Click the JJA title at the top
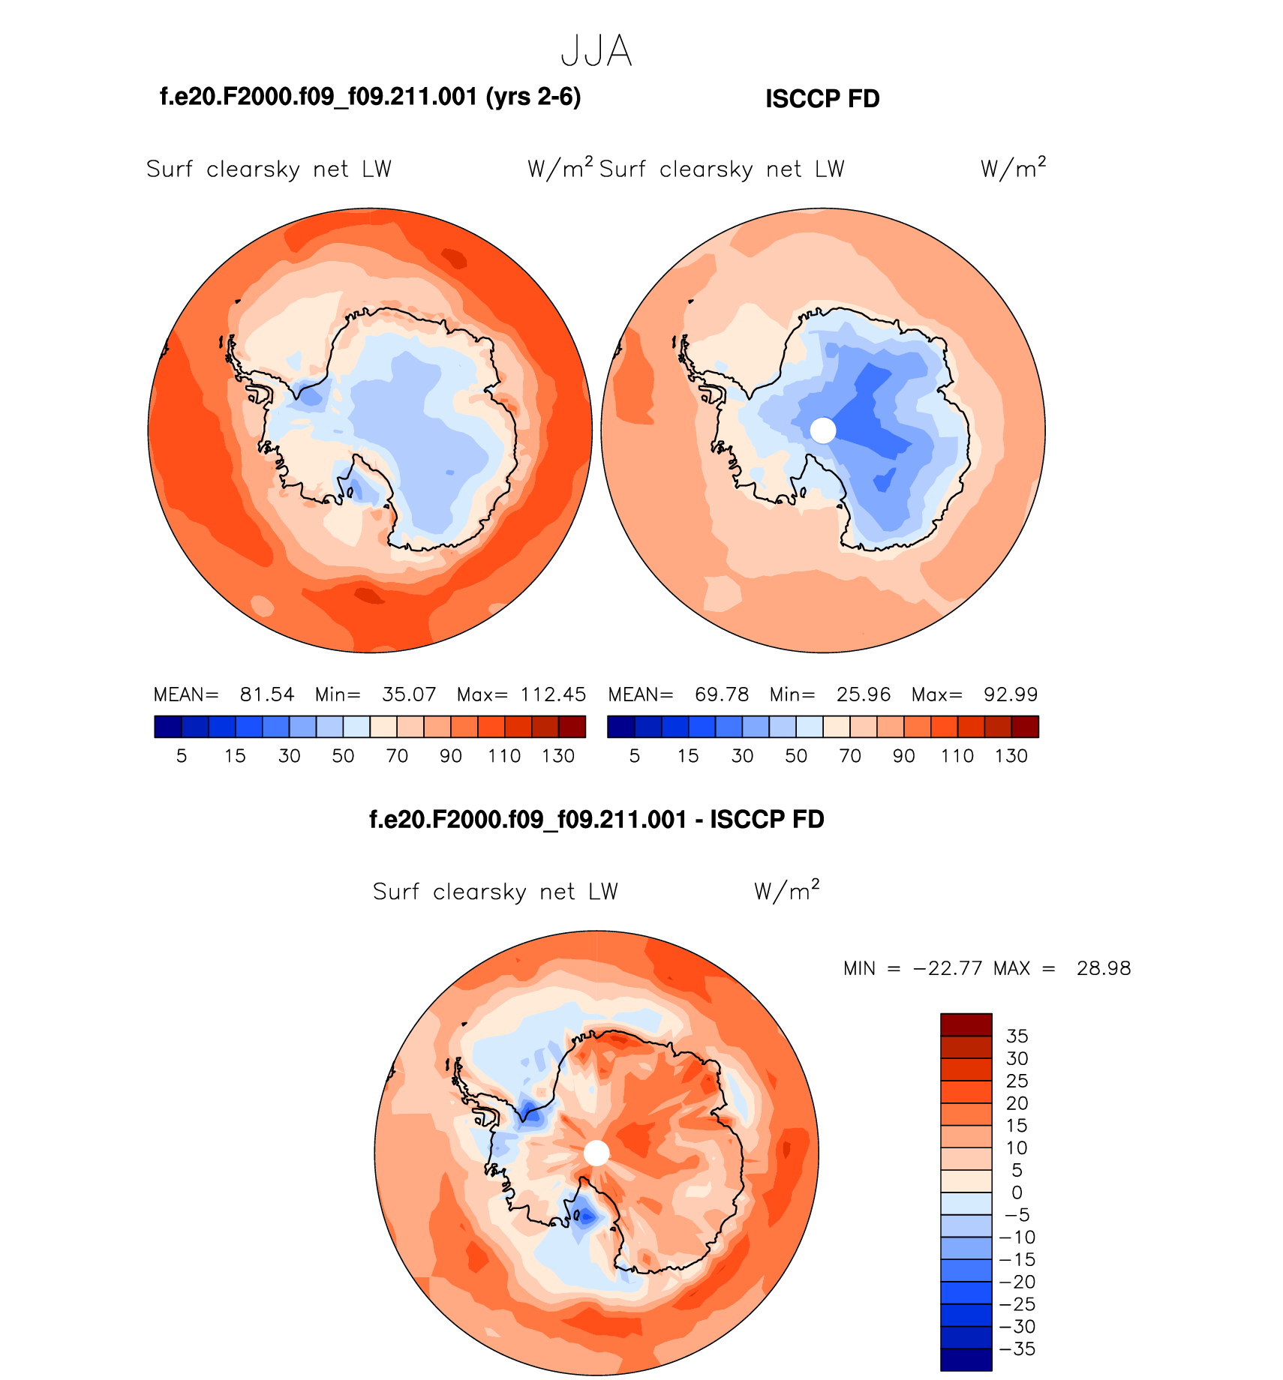[596, 52]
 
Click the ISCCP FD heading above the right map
[822, 99]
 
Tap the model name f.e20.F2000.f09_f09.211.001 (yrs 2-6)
[371, 97]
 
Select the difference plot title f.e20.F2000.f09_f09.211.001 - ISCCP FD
[596, 819]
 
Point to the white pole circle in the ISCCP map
[823, 430]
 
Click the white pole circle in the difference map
[596, 1153]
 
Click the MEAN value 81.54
[267, 694]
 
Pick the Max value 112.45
[553, 694]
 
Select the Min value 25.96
[864, 694]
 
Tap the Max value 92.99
[1011, 694]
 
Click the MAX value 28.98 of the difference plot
[1103, 968]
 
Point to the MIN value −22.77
[947, 968]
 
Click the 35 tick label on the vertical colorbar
[1017, 1036]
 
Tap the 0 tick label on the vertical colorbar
[1017, 1192]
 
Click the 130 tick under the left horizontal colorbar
[558, 756]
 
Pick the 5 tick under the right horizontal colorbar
[635, 756]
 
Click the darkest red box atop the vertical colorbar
[966, 1024]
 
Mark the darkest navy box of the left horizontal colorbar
[168, 727]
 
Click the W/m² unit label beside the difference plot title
[786, 891]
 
